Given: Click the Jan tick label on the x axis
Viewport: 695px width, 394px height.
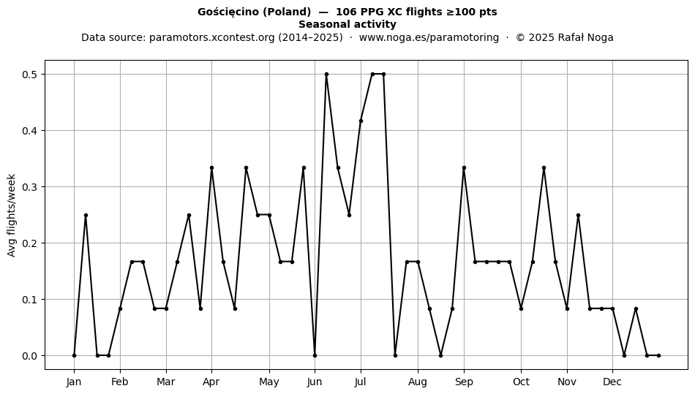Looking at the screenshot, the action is (74, 382).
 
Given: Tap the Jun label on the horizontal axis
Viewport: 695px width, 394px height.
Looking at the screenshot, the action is (315, 382).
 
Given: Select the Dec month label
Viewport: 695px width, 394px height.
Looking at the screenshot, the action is (612, 382).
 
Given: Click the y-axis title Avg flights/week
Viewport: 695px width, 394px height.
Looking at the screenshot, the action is (12, 215).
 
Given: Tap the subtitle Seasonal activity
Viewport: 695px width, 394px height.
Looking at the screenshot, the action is (347, 24).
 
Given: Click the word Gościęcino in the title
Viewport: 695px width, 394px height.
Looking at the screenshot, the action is (228, 12).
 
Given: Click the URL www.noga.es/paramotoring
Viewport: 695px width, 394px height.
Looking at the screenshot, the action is (429, 37).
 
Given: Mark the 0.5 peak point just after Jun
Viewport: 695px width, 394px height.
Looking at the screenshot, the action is (327, 75).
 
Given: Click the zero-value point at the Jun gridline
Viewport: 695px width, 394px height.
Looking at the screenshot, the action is (315, 355).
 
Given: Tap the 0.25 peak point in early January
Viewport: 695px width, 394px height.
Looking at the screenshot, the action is (86, 215).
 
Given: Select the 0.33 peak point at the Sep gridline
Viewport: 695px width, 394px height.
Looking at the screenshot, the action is (464, 168).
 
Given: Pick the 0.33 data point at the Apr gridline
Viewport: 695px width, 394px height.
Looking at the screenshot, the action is (211, 168).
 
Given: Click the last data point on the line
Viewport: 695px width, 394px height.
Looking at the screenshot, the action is (658, 355).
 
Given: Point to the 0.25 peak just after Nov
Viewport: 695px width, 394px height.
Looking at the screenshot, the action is (578, 215).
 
